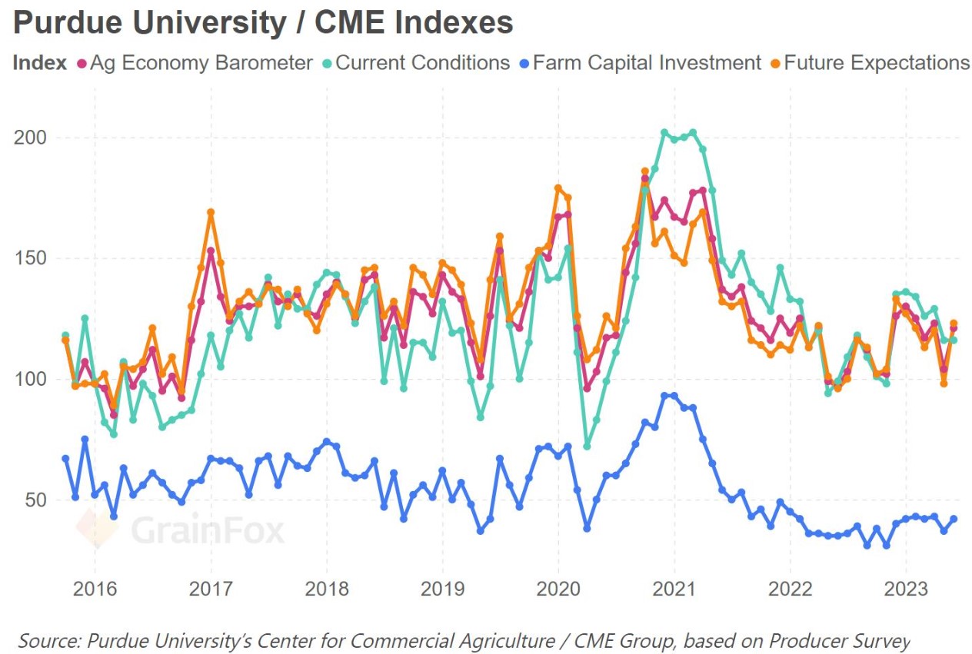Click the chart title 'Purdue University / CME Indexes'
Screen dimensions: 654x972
pos(263,23)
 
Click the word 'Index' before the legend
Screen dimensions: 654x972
pos(39,63)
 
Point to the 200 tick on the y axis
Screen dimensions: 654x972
pos(31,138)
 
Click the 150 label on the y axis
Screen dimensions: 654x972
pos(31,258)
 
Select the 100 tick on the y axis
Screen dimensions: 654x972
pos(31,380)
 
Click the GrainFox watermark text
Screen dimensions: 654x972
pos(207,530)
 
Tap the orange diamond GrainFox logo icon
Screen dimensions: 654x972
pos(97,529)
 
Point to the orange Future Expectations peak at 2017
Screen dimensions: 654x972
pos(211,212)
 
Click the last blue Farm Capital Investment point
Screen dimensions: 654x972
pos(954,519)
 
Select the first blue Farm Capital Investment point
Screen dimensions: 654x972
pos(65,459)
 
